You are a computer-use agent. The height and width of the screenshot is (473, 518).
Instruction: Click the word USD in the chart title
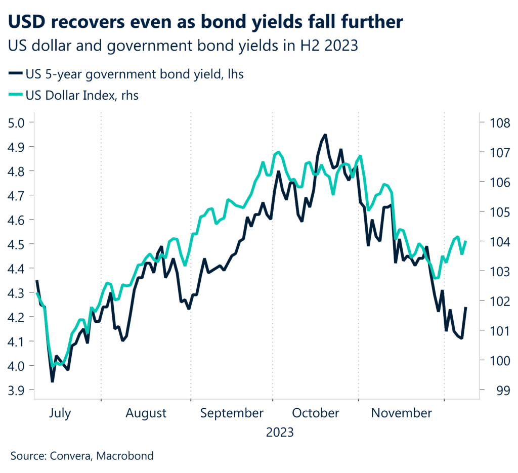[29, 22]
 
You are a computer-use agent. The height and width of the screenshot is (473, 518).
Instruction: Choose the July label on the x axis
[60, 413]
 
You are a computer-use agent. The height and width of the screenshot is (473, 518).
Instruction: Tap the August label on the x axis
[146, 413]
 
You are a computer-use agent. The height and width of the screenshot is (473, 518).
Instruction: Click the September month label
[232, 413]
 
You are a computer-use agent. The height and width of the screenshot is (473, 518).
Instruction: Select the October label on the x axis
[316, 413]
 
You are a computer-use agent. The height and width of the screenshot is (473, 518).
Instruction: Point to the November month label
[402, 413]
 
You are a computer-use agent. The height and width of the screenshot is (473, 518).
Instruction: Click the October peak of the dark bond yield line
[324, 135]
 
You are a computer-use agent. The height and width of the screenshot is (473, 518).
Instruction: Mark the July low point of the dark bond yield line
[52, 381]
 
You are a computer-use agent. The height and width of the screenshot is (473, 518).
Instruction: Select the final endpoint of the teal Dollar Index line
[465, 242]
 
